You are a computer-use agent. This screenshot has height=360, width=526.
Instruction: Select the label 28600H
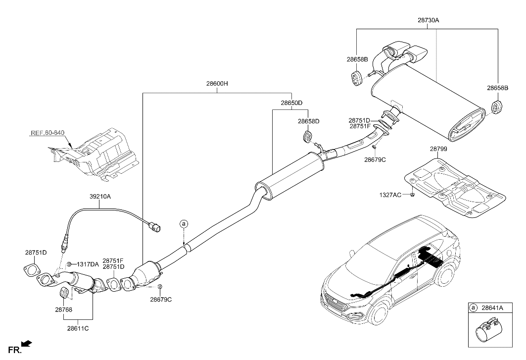[217, 84]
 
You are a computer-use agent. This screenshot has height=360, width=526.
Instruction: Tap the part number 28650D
[291, 103]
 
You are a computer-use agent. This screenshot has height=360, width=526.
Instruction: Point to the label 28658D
[309, 121]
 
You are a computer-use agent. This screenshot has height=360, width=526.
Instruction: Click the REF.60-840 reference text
[48, 133]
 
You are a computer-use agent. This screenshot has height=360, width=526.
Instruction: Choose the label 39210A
[100, 197]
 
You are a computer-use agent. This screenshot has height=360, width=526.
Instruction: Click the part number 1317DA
[87, 264]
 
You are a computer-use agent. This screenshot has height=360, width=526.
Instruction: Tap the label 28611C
[78, 327]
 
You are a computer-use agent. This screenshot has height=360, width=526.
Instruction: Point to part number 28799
[438, 149]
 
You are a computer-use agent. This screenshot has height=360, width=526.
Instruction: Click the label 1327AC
[390, 195]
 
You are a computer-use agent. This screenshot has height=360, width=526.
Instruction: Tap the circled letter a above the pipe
[184, 224]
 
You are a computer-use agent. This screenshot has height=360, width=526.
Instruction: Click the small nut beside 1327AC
[412, 196]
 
